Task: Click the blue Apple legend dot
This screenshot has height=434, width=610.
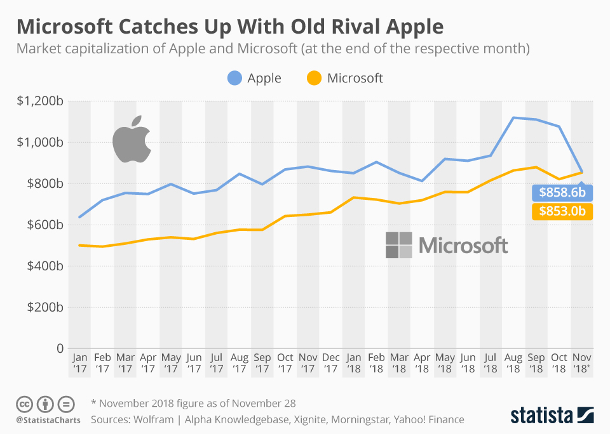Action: click(x=235, y=79)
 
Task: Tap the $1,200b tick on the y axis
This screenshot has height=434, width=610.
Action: click(x=41, y=101)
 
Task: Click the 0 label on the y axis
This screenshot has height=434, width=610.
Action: click(x=60, y=348)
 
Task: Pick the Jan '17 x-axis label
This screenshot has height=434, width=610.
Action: click(x=79, y=363)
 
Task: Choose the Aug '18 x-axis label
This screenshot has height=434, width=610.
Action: click(x=513, y=363)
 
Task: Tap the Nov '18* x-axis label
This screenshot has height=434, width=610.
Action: click(x=582, y=363)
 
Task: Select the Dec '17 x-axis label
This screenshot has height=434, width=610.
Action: click(x=330, y=363)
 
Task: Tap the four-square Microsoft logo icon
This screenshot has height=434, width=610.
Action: click(x=398, y=245)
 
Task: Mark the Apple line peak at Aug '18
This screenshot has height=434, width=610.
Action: click(x=513, y=117)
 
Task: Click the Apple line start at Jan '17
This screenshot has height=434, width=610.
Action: click(x=79, y=218)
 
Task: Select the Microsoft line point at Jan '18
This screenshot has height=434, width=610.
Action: click(x=353, y=197)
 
